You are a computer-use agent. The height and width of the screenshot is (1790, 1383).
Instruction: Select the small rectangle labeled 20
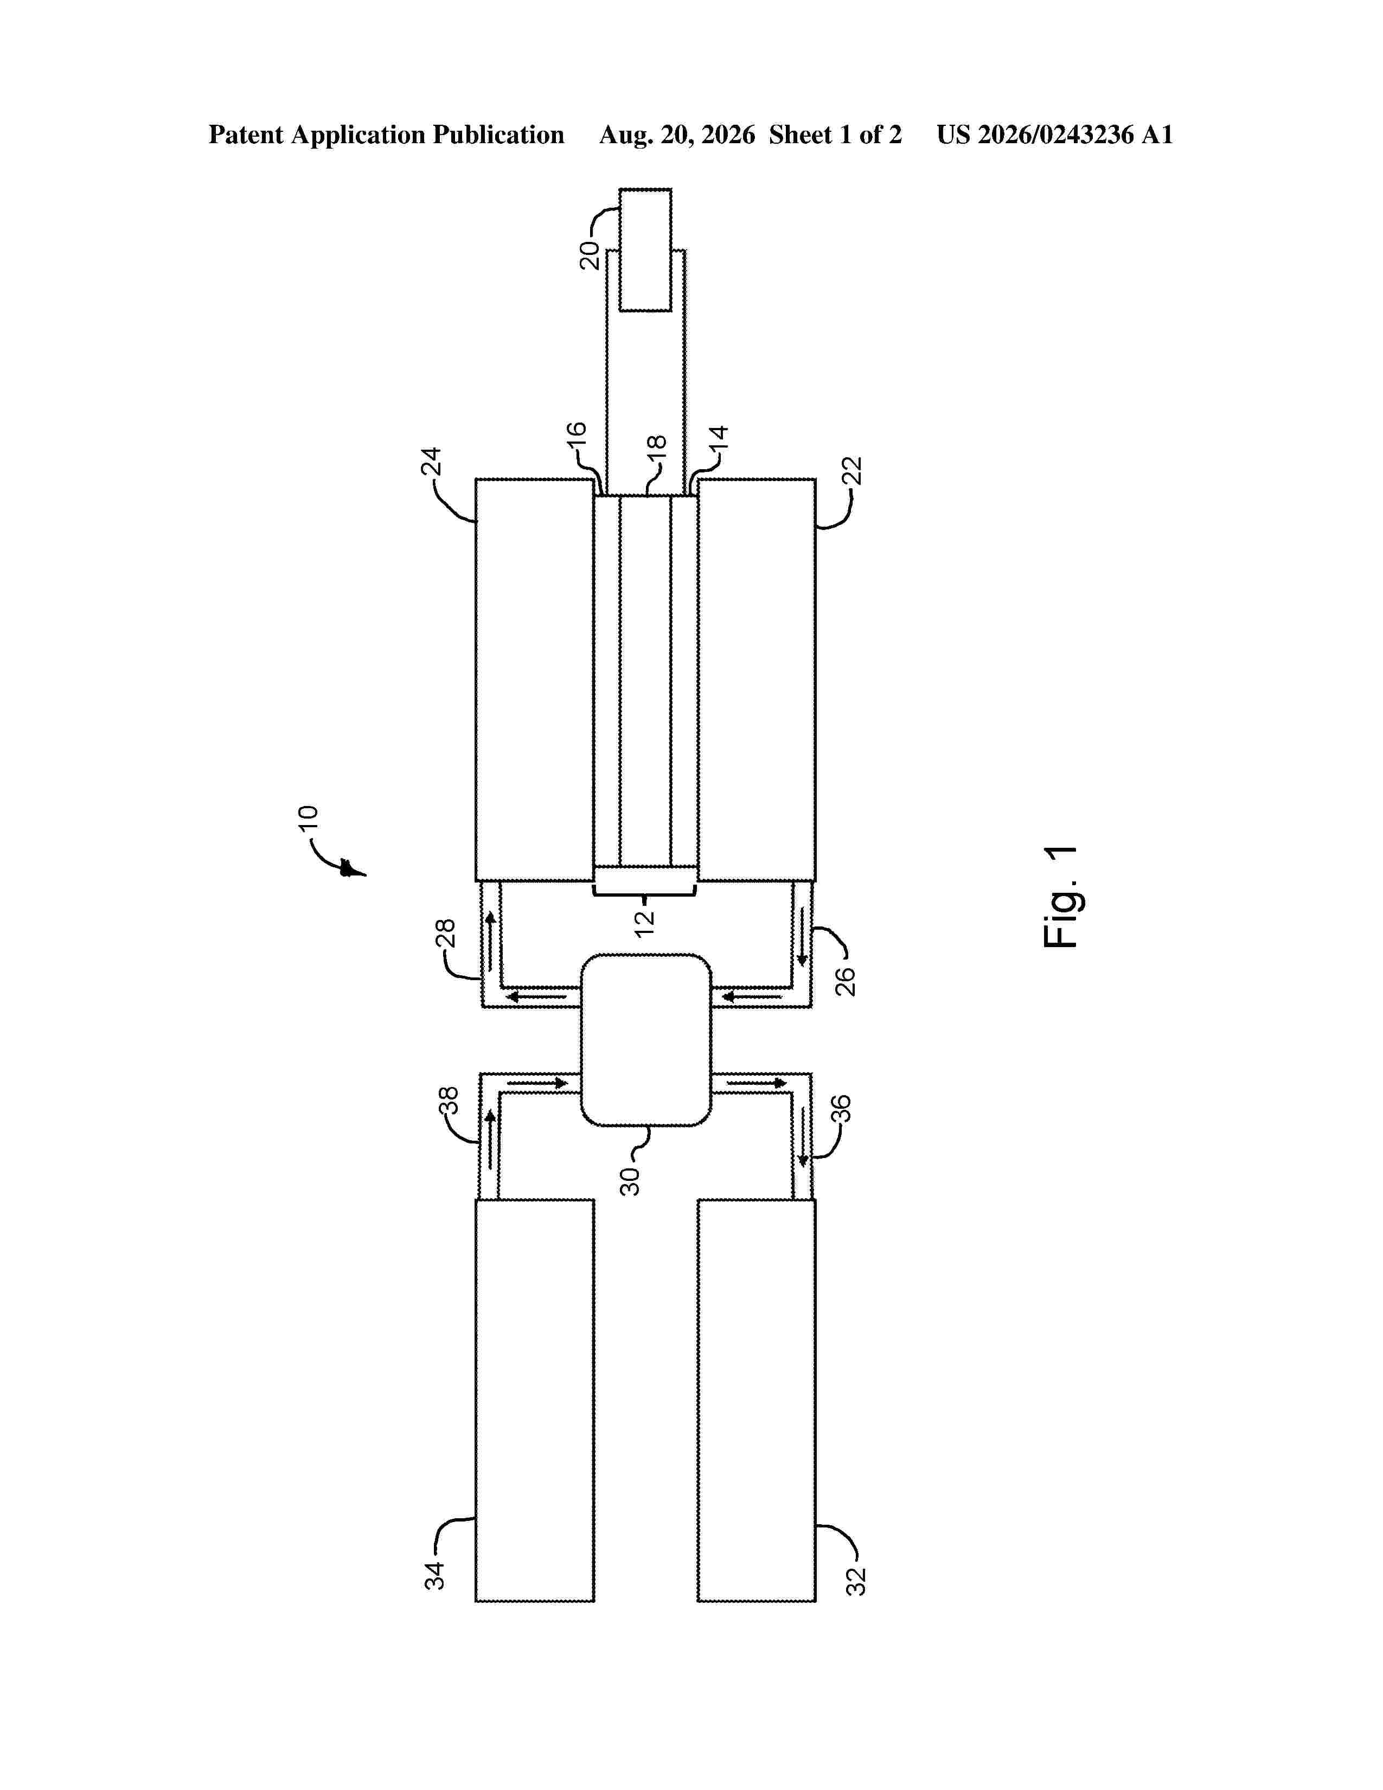click(645, 250)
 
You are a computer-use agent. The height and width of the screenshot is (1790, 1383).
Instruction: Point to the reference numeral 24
click(432, 462)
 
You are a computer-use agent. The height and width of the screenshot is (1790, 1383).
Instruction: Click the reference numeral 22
click(854, 472)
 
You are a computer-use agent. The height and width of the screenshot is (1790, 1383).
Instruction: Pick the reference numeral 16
click(577, 435)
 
